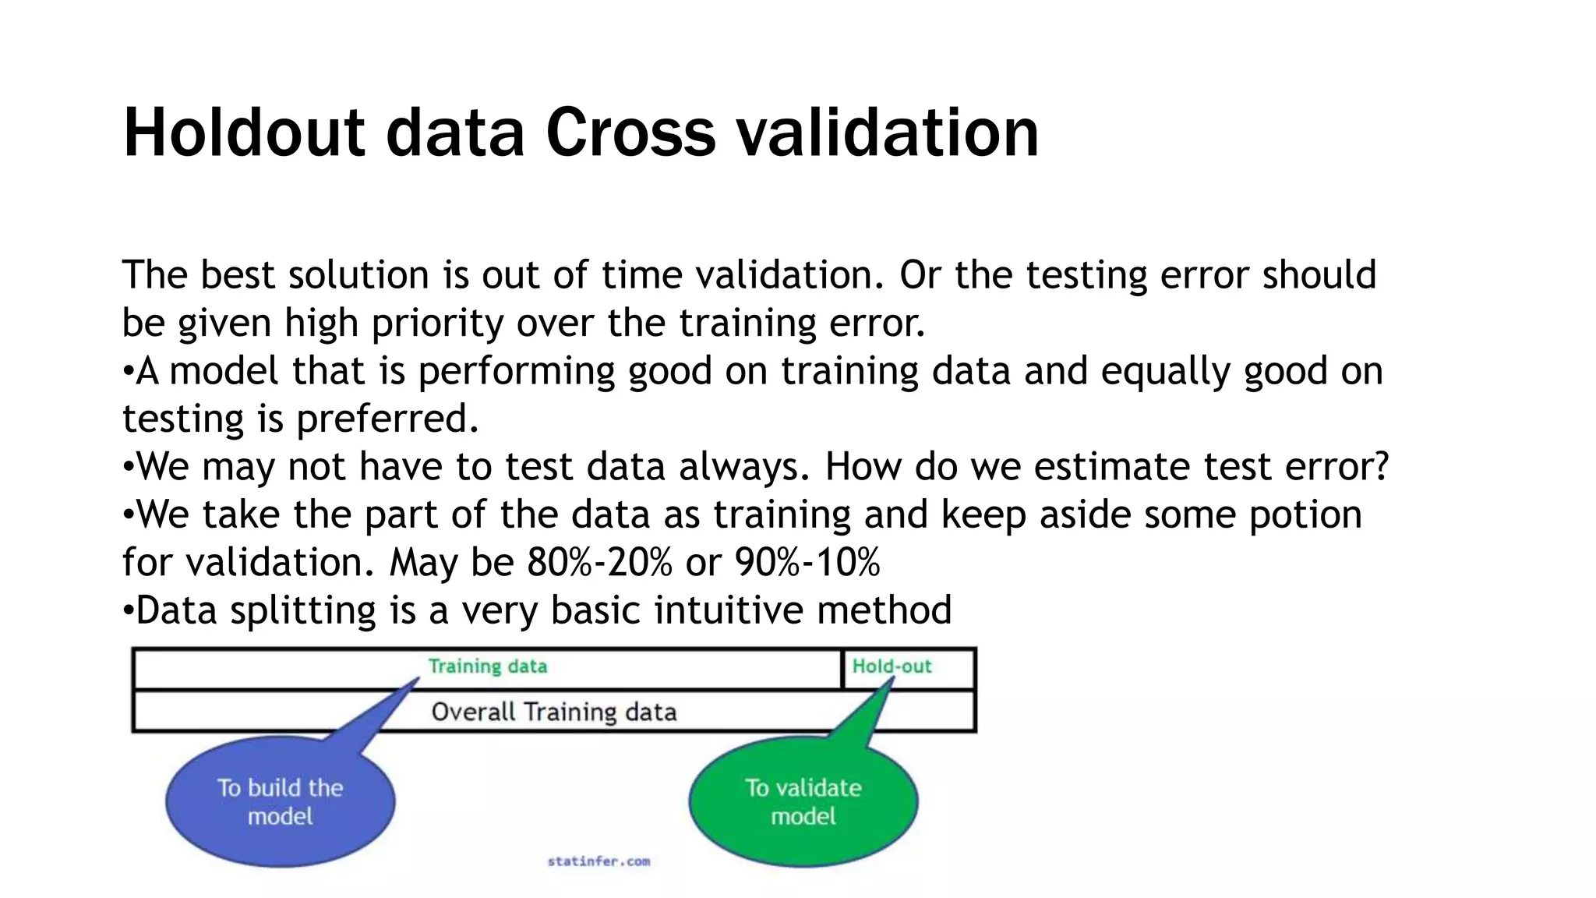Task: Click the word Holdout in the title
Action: [x=243, y=133]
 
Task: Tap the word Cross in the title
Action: [x=630, y=133]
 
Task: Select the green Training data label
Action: [x=488, y=666]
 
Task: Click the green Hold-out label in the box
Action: [x=892, y=666]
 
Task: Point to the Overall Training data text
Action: [x=553, y=712]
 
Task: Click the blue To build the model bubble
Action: [x=281, y=801]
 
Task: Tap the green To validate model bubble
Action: [x=803, y=801]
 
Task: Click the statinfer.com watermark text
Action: [x=598, y=861]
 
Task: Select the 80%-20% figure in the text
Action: [x=599, y=562]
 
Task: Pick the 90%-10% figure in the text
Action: [x=807, y=562]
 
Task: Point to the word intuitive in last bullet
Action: [x=729, y=610]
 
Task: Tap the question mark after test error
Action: [x=1381, y=466]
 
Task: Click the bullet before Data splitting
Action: [x=129, y=611]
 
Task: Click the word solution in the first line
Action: [x=358, y=275]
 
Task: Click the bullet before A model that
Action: [x=129, y=372]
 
